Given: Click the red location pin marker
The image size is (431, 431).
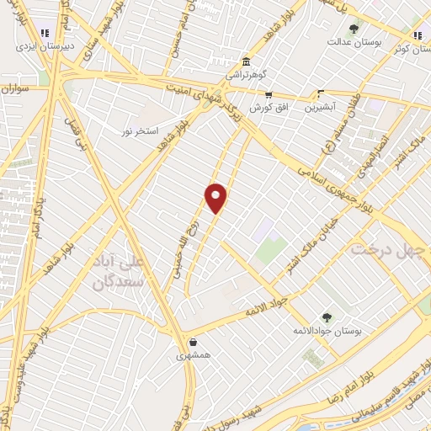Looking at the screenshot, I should coord(217,198).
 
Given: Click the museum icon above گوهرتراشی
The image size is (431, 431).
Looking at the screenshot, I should coord(245,62).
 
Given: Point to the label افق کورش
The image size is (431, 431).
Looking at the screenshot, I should coord(269,108).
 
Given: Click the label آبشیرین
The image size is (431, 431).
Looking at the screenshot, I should coord(321,107).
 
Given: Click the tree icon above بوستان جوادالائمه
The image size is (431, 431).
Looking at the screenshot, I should coord(327,317).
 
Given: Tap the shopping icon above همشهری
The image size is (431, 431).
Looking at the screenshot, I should coord(194,342).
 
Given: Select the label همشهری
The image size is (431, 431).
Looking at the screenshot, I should coord(194,355).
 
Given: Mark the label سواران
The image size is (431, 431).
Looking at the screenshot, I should coord(15,87).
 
